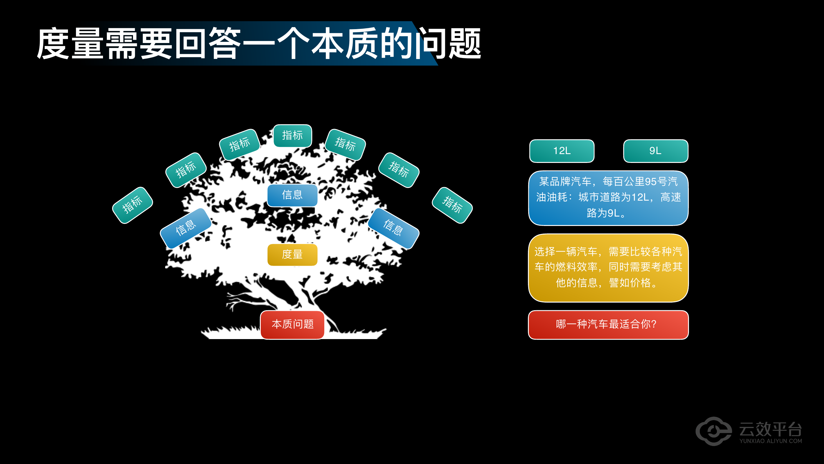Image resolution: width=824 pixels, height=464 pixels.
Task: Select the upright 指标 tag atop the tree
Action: [x=292, y=136]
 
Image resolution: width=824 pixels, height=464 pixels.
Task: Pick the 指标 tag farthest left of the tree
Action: [x=132, y=205]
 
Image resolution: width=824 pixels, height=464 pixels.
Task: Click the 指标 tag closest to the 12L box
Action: [x=452, y=205]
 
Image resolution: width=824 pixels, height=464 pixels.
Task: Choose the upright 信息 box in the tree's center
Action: [x=292, y=195]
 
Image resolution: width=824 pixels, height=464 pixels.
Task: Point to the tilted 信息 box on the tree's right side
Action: [x=393, y=228]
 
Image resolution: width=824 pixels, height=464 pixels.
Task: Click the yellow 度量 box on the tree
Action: [x=292, y=255]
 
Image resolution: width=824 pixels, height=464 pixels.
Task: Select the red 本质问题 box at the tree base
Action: [x=292, y=324]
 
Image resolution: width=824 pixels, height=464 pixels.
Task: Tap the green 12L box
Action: [x=562, y=151]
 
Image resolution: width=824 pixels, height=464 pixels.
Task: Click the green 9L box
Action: [x=656, y=151]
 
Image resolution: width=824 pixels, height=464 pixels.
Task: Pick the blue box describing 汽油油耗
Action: [x=608, y=198]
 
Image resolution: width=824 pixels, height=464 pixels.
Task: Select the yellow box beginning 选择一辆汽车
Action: [x=608, y=268]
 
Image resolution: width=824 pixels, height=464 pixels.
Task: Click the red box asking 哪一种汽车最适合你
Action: [x=608, y=325]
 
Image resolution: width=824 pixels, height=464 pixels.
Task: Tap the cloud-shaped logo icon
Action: [x=714, y=431]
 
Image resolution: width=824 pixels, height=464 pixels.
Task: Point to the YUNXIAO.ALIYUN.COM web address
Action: [x=770, y=441]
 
